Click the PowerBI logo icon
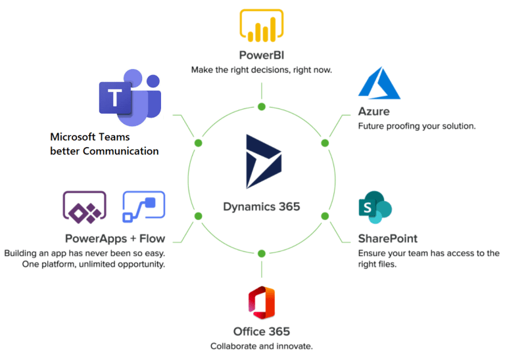pos(262,25)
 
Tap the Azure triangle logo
pos(374,83)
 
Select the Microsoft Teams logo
pos(130,98)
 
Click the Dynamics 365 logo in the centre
pos(263,161)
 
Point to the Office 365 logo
pos(261,303)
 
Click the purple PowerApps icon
pos(84,206)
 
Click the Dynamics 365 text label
pos(262,206)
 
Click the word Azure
pos(374,111)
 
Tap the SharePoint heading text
pos(388,238)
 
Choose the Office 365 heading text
pos(261,331)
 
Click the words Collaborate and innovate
pos(261,346)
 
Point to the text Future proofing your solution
pos(416,125)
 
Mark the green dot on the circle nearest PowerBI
pos(262,106)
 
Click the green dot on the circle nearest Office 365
pos(262,253)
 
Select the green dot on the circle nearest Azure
pos(325,143)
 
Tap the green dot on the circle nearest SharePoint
pos(325,216)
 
